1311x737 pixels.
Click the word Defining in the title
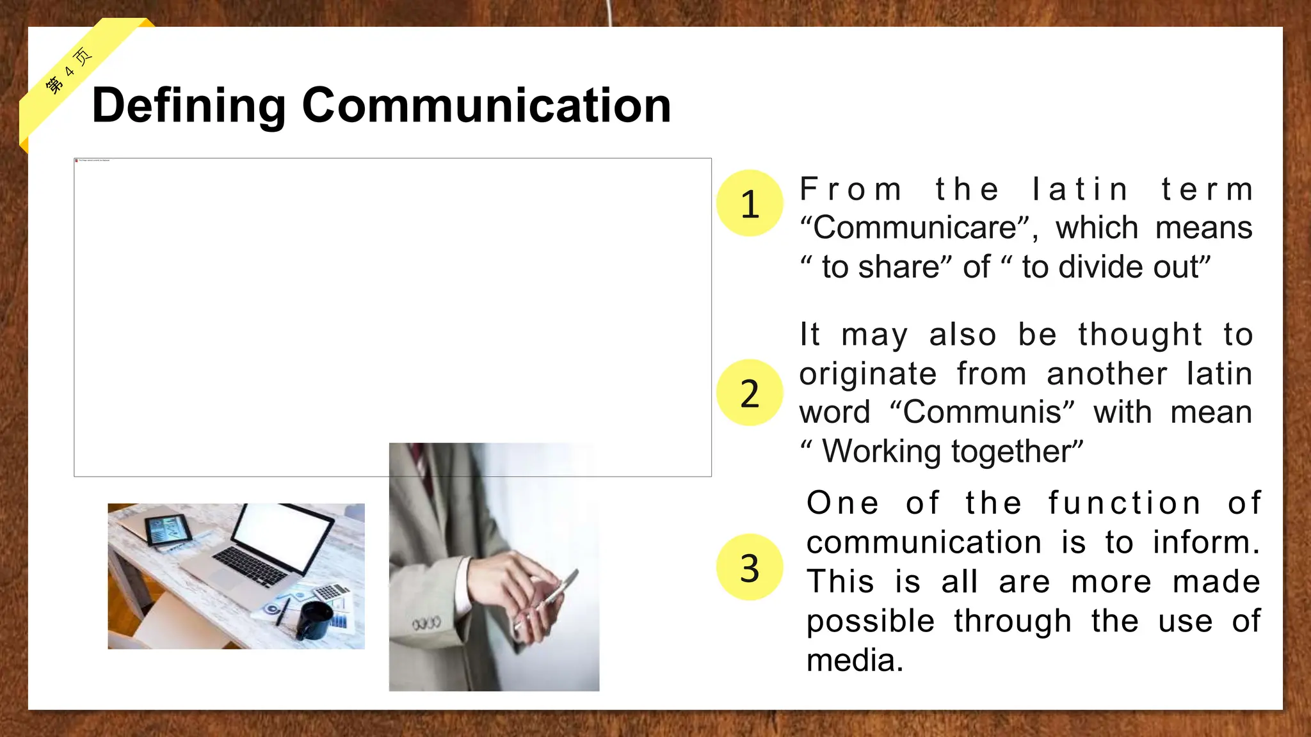188,106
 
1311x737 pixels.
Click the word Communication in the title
487,105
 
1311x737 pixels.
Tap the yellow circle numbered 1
750,203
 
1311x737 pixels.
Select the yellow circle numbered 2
750,393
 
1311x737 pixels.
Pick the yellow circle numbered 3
750,567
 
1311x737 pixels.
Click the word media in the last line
854,660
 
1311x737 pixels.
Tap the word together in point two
1017,452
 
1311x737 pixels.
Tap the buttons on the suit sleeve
426,622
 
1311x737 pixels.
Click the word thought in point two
1139,335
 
